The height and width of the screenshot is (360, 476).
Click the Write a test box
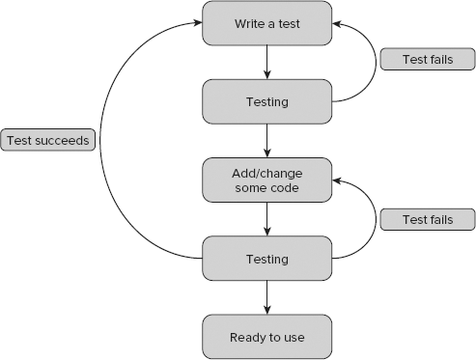click(x=266, y=22)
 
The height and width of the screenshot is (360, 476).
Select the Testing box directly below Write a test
click(x=266, y=100)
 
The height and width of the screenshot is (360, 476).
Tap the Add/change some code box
click(x=266, y=180)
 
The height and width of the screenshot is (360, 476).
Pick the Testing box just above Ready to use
click(x=266, y=259)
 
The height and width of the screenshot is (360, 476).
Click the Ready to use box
click(x=266, y=337)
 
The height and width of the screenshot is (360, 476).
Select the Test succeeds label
click(x=48, y=141)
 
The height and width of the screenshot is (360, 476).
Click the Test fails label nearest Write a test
click(x=426, y=60)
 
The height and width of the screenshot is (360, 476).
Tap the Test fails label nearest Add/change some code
click(x=426, y=219)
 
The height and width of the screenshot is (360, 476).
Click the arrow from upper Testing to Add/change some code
click(x=266, y=140)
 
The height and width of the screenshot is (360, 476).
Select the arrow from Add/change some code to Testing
click(x=266, y=219)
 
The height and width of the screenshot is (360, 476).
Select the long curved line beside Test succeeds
click(x=105, y=141)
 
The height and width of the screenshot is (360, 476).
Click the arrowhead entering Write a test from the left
click(x=197, y=22)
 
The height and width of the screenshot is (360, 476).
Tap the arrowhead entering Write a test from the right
click(x=338, y=22)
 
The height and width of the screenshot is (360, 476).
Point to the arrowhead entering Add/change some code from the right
click(x=338, y=180)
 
